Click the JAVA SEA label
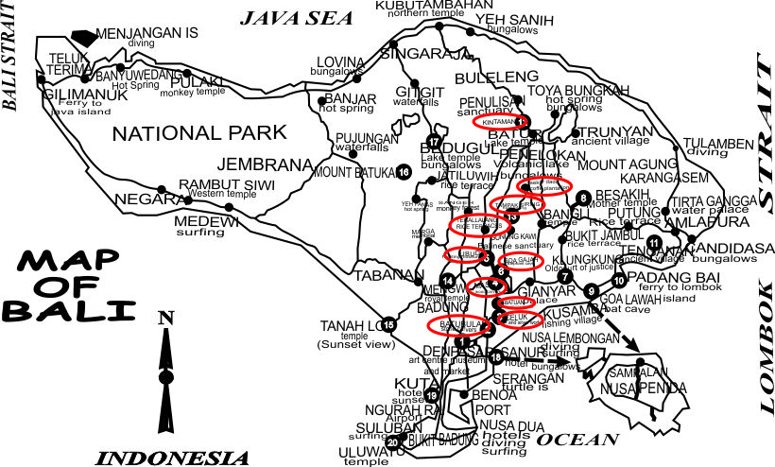tap(296, 16)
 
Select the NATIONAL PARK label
tap(198, 132)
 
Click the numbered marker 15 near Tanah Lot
tap(388, 325)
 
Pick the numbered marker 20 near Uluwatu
tap(392, 442)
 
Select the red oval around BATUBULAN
tap(459, 325)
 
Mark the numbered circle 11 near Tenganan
tap(654, 244)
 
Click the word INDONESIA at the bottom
tap(173, 458)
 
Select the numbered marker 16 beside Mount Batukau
tap(404, 172)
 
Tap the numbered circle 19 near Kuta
tap(432, 395)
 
